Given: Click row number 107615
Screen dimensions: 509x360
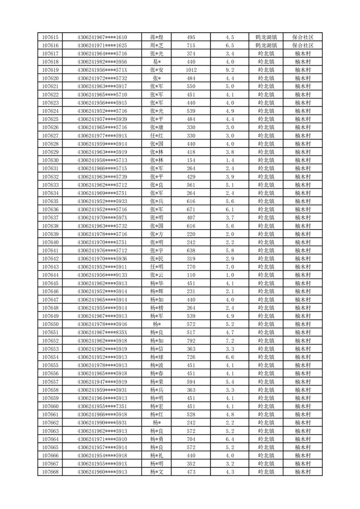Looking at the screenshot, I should (x=50, y=37).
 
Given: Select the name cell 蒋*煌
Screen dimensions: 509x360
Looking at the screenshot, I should (x=157, y=37).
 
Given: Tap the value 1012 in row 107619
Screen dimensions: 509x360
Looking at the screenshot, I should (x=191, y=70).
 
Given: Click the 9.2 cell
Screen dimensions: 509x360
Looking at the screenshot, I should (x=229, y=70).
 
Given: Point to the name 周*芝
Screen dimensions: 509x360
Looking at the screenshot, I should (x=157, y=45).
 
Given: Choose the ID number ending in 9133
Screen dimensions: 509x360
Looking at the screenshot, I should (x=102, y=275).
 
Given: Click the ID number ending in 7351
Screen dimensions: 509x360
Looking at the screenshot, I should (x=102, y=406).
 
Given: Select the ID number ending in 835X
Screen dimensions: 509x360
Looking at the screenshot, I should (x=102, y=332).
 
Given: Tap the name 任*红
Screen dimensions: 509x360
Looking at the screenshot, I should (x=157, y=136).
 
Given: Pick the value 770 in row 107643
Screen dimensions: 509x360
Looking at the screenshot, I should (x=191, y=267).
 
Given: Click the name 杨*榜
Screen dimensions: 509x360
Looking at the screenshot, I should (x=157, y=308).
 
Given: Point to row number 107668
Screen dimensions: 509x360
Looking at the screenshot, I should (x=50, y=472).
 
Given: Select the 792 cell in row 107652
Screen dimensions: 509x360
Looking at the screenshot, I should (x=191, y=340).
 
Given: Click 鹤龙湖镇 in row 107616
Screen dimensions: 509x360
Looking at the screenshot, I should (x=266, y=45).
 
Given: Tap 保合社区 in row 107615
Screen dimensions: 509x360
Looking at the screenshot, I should (x=303, y=37).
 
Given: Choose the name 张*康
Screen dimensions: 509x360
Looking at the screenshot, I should (x=157, y=127).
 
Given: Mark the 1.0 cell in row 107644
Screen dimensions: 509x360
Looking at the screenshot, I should (x=229, y=275).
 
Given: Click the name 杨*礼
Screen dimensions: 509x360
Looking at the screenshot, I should (x=157, y=455).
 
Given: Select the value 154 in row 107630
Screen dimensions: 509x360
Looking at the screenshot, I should (x=191, y=160).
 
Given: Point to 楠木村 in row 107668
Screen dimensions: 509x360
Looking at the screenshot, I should (x=303, y=472).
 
